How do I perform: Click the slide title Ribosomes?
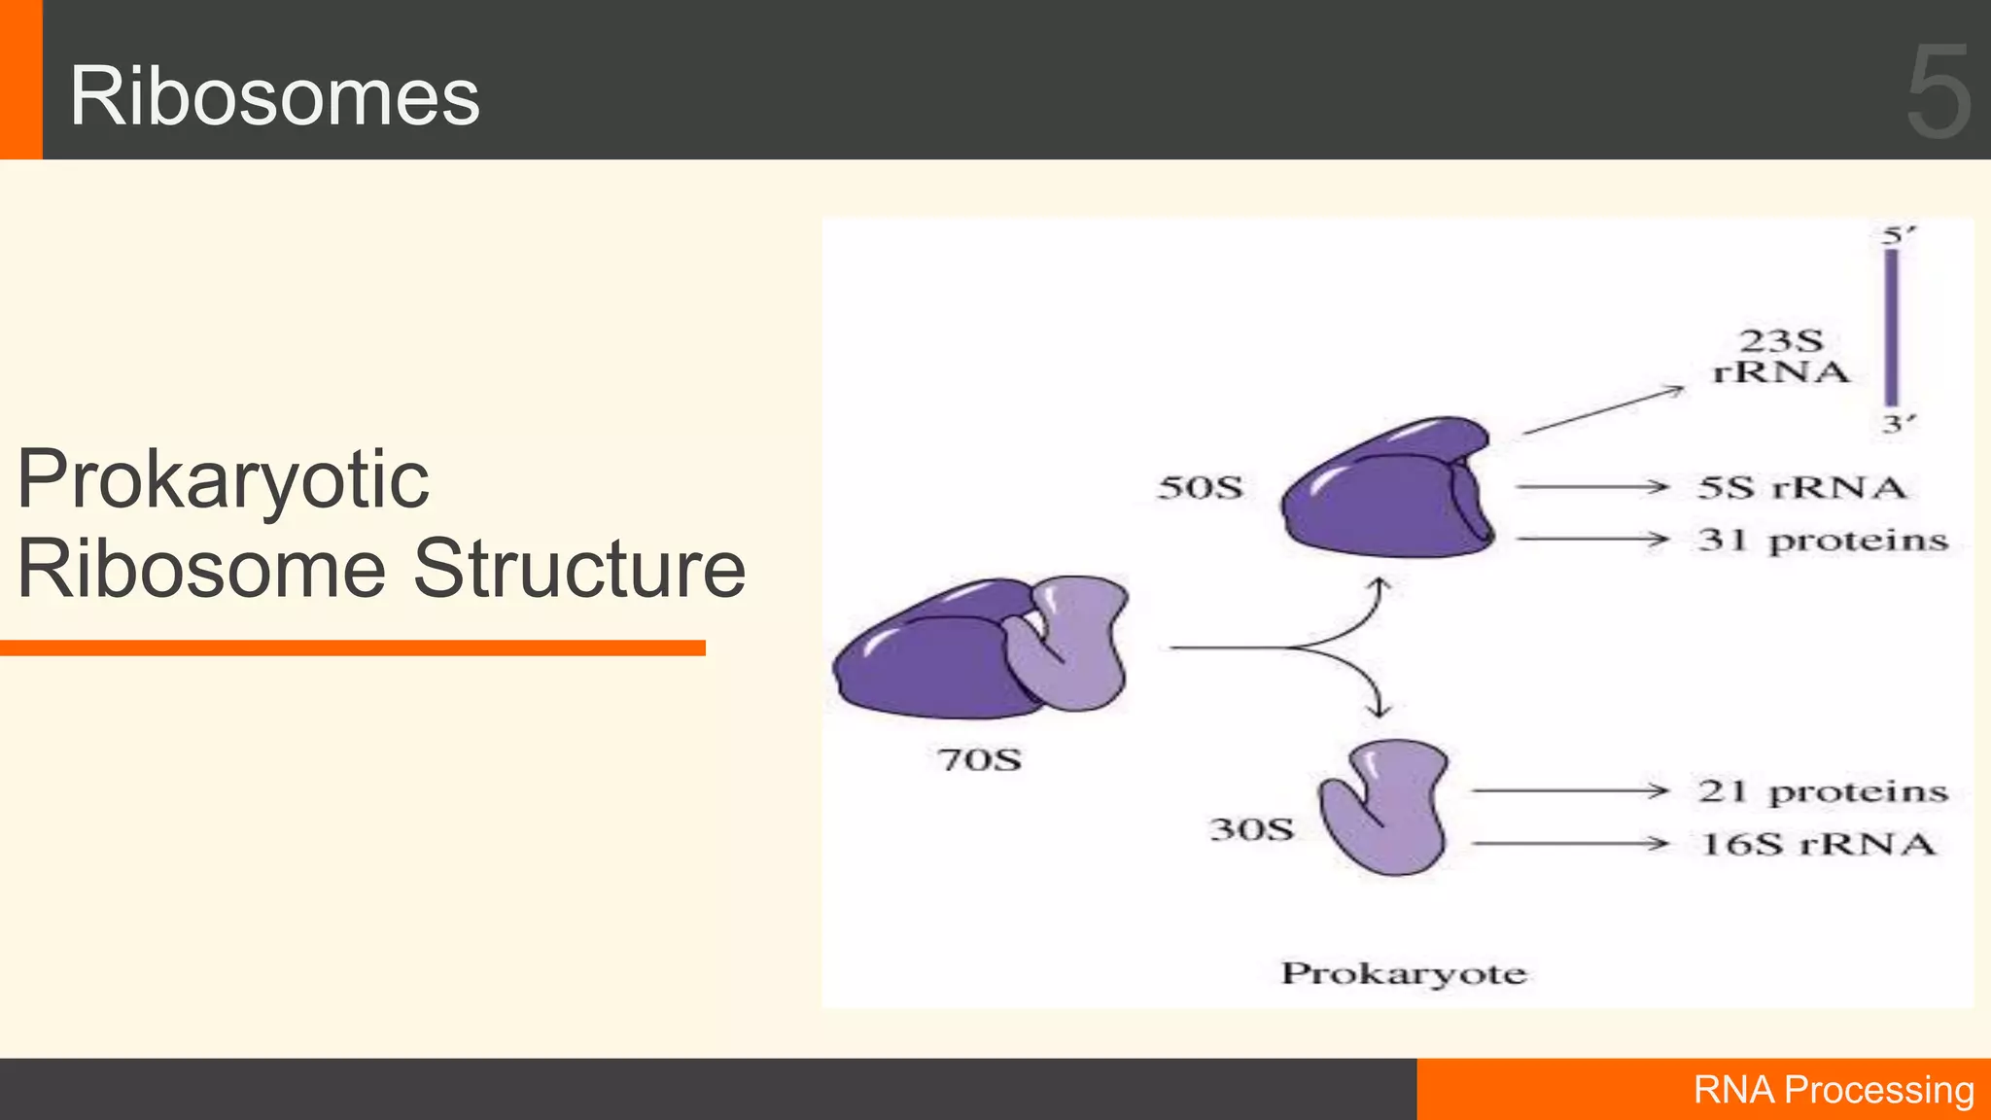click(x=274, y=96)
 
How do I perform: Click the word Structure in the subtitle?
click(x=579, y=568)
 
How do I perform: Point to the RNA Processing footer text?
click(x=1833, y=1090)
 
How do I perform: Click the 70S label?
click(x=979, y=759)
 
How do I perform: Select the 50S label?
click(x=1200, y=487)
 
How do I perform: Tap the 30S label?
click(x=1251, y=829)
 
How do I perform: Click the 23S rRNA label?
click(x=1780, y=356)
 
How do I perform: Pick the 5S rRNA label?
click(x=1801, y=487)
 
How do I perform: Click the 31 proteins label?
click(x=1823, y=541)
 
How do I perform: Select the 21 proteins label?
click(x=1823, y=791)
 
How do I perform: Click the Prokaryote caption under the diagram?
click(x=1403, y=973)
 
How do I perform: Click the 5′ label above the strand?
click(x=1897, y=235)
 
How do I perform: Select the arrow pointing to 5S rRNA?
click(x=1591, y=486)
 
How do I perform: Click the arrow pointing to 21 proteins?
click(x=1569, y=791)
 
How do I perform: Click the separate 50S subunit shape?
click(x=1387, y=491)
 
